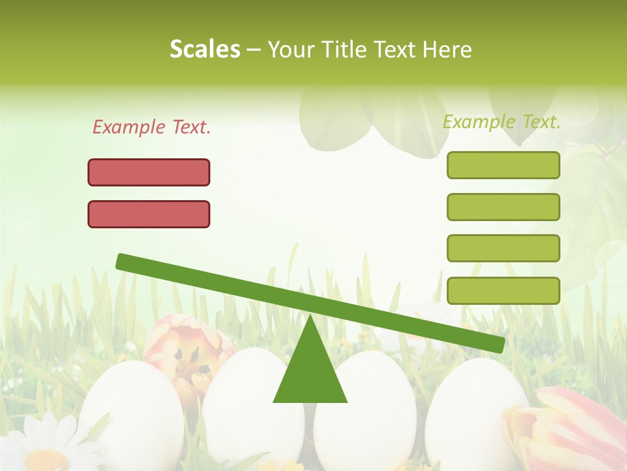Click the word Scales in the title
[x=204, y=49]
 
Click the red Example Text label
[x=152, y=127]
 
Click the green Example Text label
[x=502, y=122]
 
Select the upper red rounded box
[x=149, y=172]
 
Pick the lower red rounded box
[x=149, y=214]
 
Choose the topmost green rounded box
[x=503, y=165]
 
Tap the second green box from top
[x=503, y=207]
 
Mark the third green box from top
[x=503, y=249]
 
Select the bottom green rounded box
[x=503, y=290]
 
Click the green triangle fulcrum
[x=310, y=373]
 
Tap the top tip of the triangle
[x=310, y=318]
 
